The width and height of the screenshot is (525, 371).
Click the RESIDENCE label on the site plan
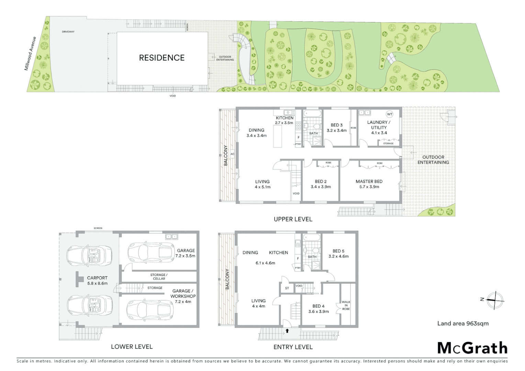coord(161,58)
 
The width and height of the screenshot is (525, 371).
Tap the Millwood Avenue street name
coord(30,54)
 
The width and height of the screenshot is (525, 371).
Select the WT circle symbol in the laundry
coord(389,114)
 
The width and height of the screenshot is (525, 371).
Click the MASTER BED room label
coord(369,181)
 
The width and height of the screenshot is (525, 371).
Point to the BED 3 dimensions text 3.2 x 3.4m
coord(336,131)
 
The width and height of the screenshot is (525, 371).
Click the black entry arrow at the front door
coord(287,331)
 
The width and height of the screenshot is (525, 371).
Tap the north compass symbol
coord(495,300)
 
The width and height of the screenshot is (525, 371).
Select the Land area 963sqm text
coord(462,323)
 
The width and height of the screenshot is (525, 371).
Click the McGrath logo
coord(472,348)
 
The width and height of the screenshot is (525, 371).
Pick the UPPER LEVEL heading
coord(293,219)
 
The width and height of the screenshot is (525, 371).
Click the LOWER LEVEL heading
coord(132,347)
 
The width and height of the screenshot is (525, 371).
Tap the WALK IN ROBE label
coord(346,305)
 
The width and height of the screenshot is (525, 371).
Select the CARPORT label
coord(97,278)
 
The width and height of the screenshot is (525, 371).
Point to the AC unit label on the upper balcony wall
coord(232,154)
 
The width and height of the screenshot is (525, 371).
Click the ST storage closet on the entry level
coord(287,288)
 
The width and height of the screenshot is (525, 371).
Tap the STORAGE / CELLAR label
coord(159,277)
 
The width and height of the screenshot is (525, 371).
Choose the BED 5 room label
coord(338,251)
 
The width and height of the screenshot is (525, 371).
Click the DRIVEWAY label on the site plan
coord(68,32)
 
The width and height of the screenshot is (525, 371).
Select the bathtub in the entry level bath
coord(312,237)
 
